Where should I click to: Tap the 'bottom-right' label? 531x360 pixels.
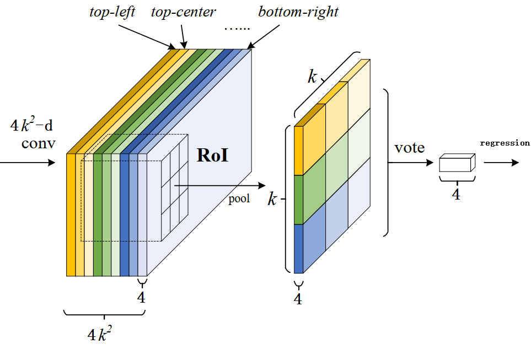click(x=298, y=13)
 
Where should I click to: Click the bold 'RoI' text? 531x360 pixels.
click(x=213, y=155)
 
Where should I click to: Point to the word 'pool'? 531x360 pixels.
click(x=239, y=199)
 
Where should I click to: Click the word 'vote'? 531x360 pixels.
click(x=409, y=148)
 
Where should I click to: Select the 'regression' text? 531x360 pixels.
click(x=505, y=143)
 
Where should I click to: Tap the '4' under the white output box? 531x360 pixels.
click(x=456, y=194)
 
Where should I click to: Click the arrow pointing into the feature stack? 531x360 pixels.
click(x=28, y=163)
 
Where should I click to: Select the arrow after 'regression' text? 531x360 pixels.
click(x=501, y=163)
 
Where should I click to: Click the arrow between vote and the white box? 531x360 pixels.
click(x=411, y=163)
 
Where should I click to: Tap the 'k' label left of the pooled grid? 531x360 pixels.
click(x=272, y=200)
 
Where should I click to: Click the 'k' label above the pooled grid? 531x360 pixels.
click(x=313, y=77)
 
